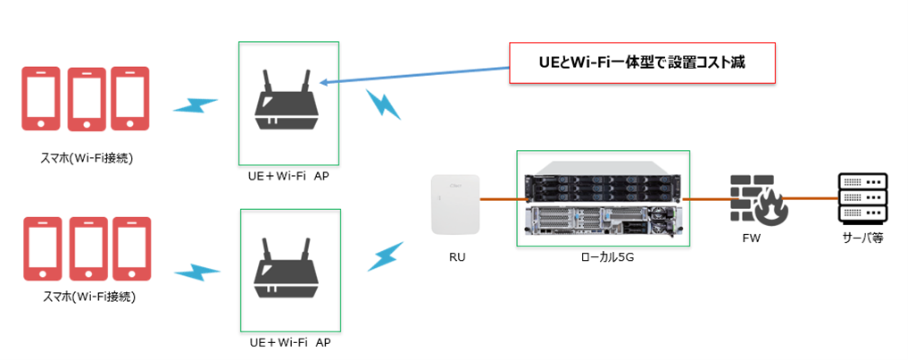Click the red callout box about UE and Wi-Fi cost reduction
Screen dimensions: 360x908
642,63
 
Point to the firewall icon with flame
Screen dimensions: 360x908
757,198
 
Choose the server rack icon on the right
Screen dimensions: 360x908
862,199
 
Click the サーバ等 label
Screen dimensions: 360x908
862,239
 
